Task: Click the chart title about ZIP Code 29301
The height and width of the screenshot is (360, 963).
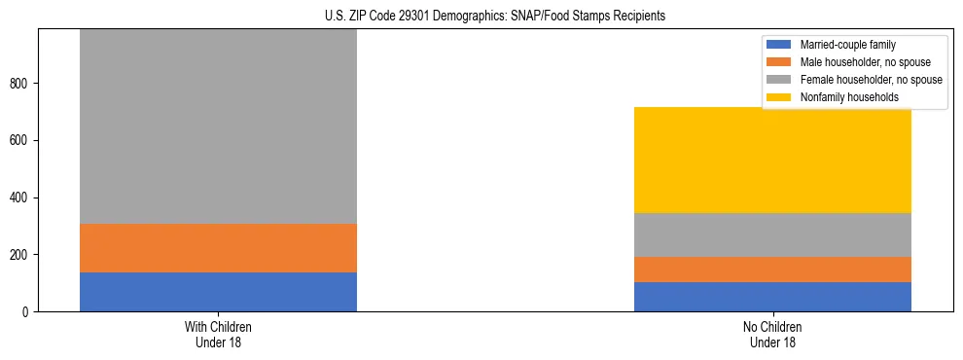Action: tap(495, 17)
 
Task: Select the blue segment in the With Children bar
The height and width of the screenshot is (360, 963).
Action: tap(218, 292)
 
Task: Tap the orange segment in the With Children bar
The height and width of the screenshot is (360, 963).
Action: tap(218, 248)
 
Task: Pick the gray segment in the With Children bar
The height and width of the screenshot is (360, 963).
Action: tap(218, 126)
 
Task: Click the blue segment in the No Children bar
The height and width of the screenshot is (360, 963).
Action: tap(772, 297)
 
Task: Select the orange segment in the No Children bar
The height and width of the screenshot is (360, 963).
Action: tap(772, 270)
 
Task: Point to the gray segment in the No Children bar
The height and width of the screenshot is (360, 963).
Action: tap(772, 234)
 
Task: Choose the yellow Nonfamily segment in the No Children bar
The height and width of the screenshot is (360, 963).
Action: tap(772, 160)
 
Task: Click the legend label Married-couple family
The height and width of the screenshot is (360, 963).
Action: tap(847, 45)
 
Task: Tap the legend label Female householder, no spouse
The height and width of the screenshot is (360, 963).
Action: tap(872, 80)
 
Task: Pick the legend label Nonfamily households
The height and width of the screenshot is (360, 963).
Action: tap(849, 97)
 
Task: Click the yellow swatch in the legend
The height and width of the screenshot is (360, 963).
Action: tap(780, 97)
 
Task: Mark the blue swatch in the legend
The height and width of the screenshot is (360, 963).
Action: tap(780, 45)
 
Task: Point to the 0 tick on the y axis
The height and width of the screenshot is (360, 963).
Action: tap(28, 312)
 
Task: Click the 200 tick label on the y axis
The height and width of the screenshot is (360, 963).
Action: tap(22, 255)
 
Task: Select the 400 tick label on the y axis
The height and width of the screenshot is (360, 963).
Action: tap(22, 198)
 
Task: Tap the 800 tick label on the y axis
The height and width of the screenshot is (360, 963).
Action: tap(22, 84)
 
